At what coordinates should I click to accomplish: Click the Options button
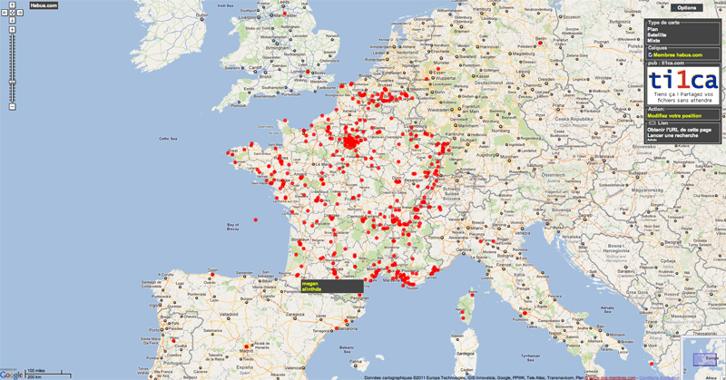pyautogui.click(x=687, y=7)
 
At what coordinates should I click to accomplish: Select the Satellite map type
pyautogui.click(x=657, y=34)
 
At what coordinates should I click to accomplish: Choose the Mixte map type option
pyautogui.click(x=653, y=41)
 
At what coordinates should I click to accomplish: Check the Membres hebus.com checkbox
pyautogui.click(x=650, y=54)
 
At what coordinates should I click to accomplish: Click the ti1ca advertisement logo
pyautogui.click(x=684, y=82)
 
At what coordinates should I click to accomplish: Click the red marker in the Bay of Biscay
pyautogui.click(x=256, y=219)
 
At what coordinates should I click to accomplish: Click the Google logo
pyautogui.click(x=12, y=374)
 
